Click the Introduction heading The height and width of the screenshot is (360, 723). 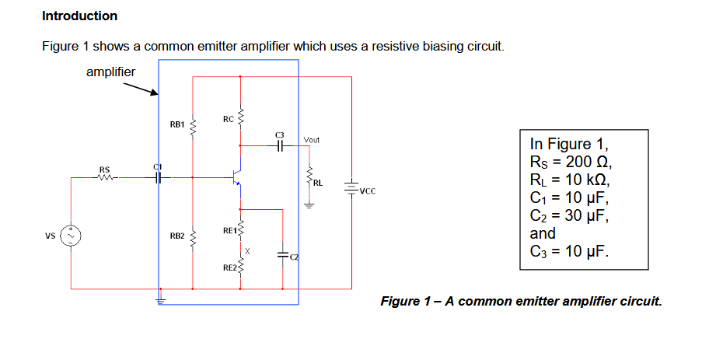point(79,16)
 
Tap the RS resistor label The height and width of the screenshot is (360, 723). point(104,170)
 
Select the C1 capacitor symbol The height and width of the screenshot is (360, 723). point(159,177)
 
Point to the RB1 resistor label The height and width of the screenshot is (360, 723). point(176,124)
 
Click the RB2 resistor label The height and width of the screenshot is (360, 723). point(176,235)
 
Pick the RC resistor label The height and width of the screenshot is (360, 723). point(227,120)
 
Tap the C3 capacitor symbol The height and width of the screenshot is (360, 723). point(281,145)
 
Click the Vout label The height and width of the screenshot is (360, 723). point(312,140)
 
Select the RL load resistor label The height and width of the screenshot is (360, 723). point(319,183)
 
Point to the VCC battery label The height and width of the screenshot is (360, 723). point(368,188)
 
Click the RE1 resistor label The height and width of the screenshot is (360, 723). point(229,230)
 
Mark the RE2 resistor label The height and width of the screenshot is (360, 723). point(229,267)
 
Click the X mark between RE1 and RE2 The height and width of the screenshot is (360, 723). point(248,250)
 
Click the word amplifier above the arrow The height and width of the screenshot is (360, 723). point(110,72)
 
